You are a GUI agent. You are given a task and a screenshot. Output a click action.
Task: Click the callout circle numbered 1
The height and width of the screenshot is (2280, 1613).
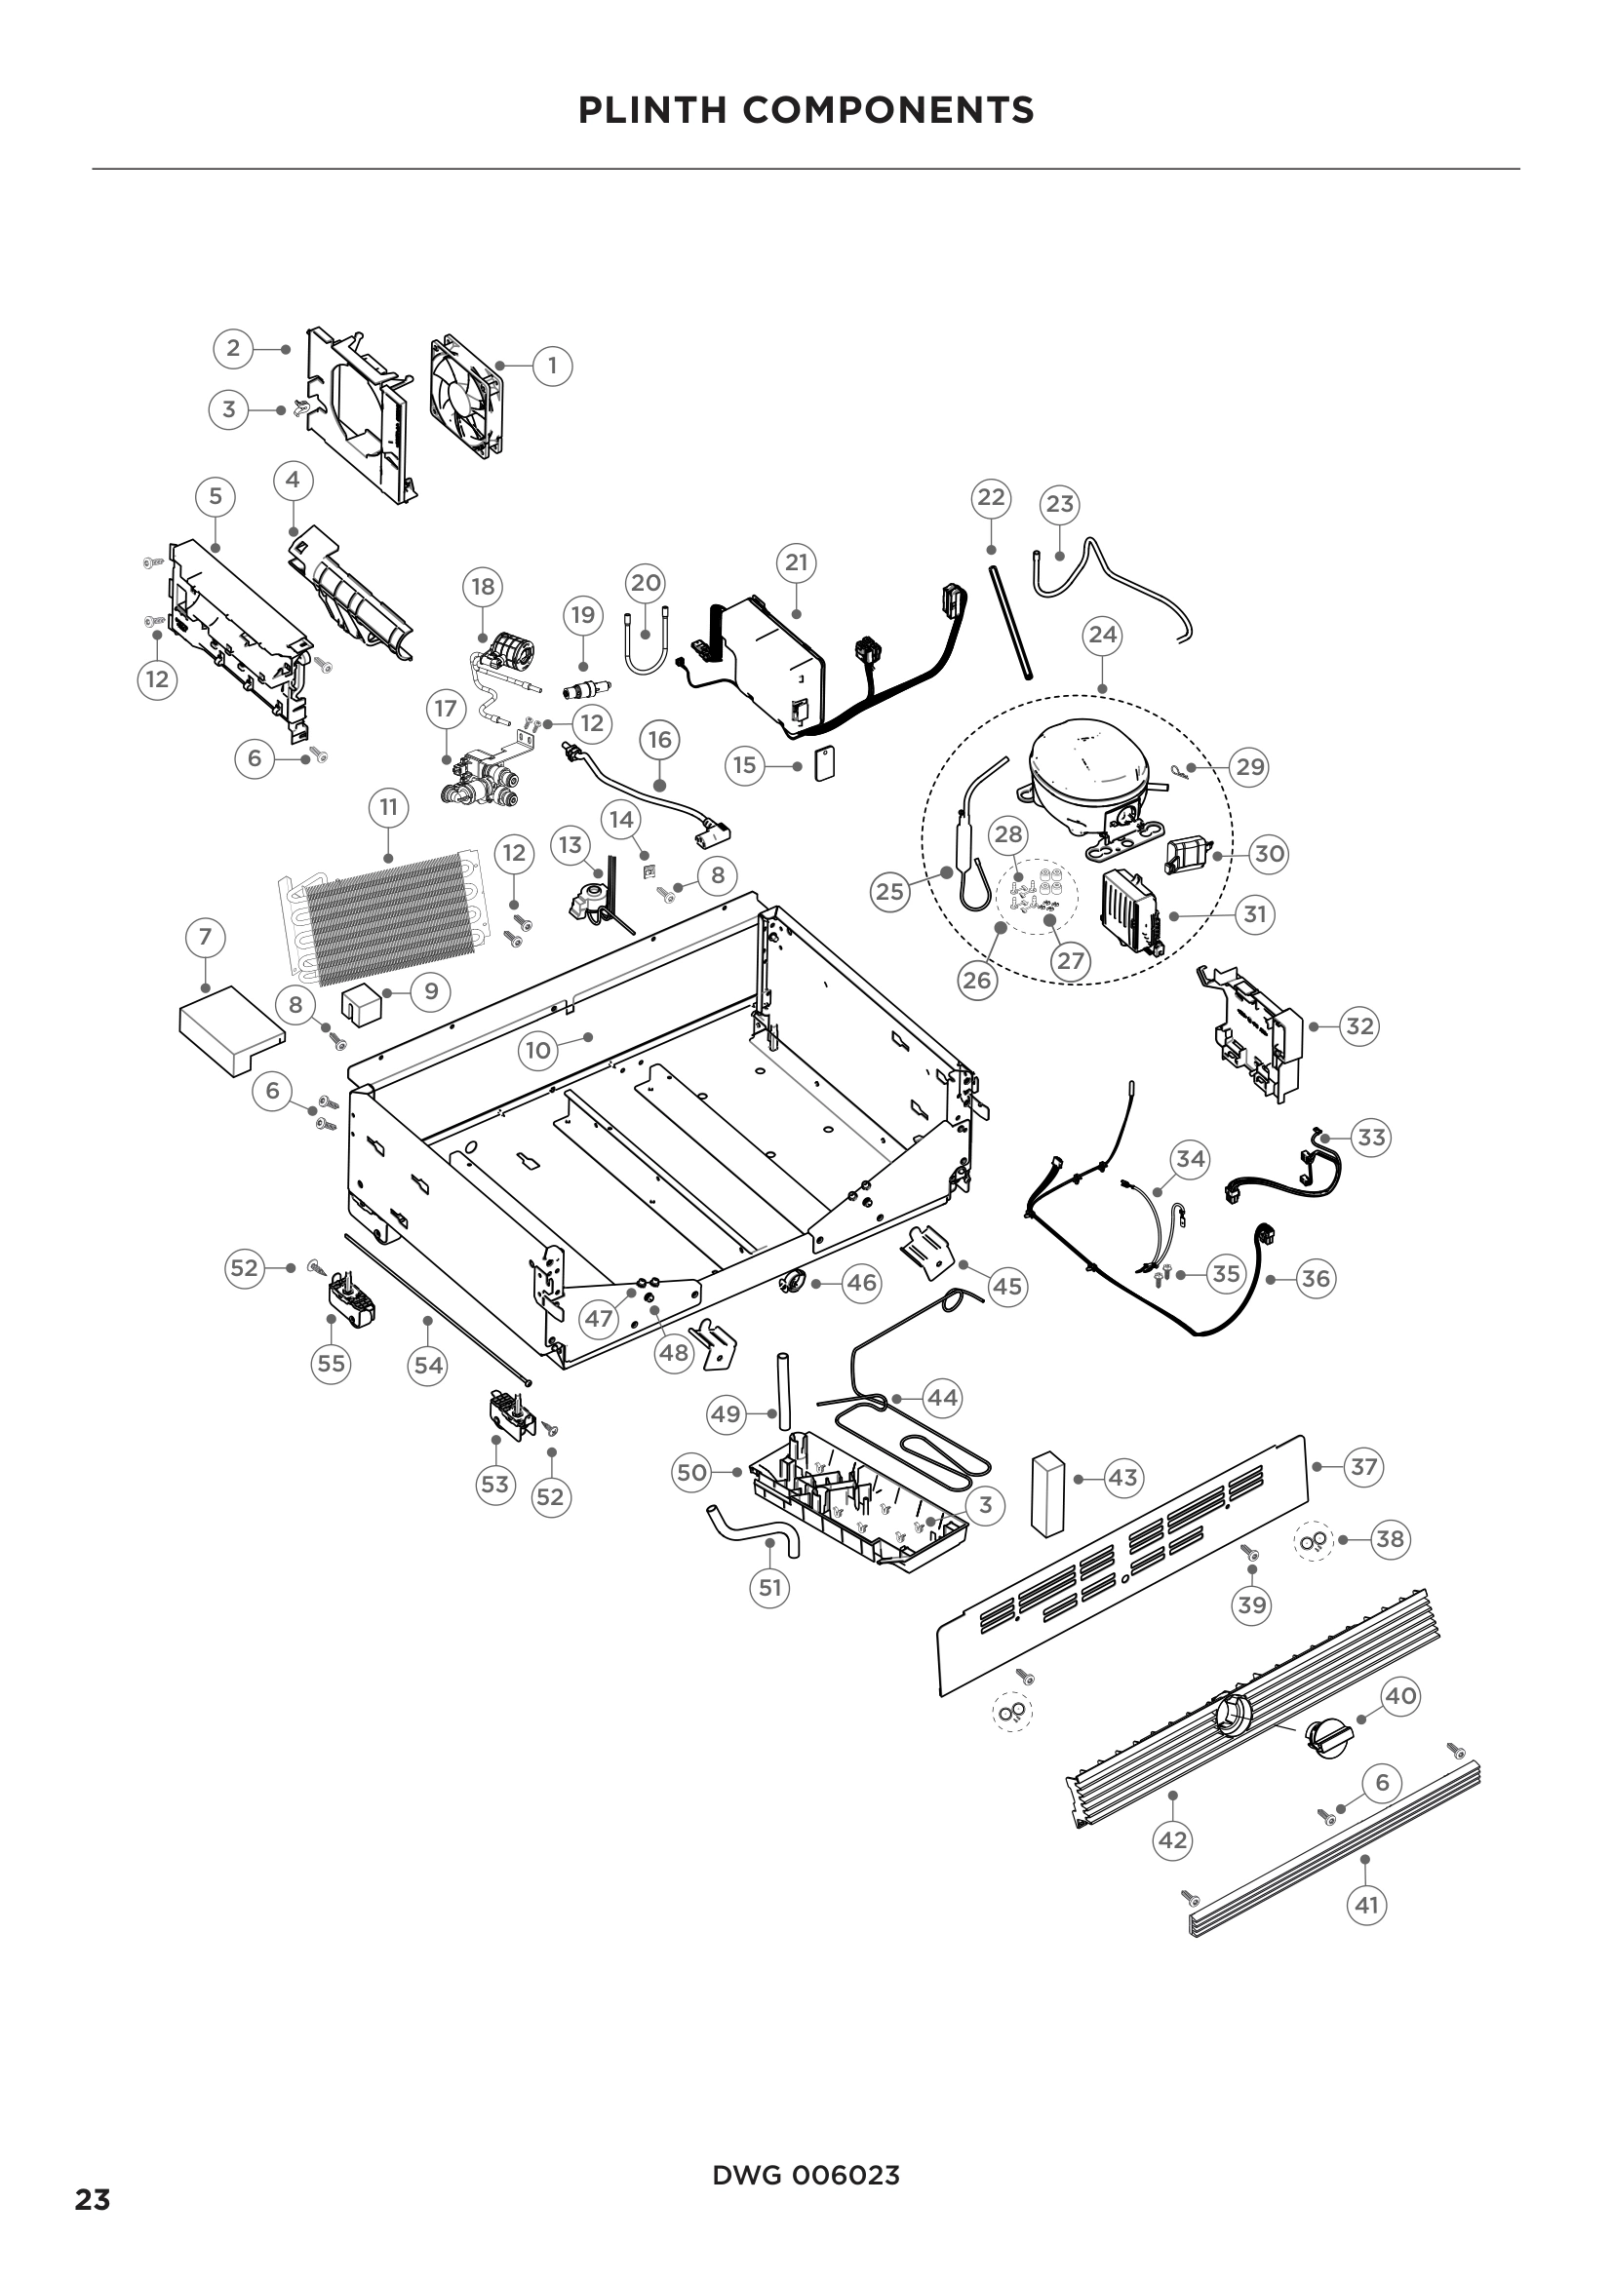(x=552, y=367)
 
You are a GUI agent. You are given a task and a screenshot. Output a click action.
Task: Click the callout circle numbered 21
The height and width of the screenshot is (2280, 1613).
(x=796, y=563)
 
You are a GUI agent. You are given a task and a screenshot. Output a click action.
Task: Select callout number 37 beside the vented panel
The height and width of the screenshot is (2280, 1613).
(x=1363, y=1466)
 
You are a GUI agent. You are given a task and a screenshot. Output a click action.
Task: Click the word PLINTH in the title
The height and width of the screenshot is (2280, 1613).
(x=652, y=110)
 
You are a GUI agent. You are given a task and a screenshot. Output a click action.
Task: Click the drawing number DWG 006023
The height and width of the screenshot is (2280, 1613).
(x=806, y=2176)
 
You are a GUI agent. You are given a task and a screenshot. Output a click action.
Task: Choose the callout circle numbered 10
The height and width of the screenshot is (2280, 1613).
(x=537, y=1051)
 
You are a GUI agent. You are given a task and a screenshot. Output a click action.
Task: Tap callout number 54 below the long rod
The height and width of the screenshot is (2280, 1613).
(x=428, y=1366)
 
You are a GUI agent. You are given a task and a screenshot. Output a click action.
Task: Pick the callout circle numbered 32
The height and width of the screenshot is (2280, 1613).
(x=1358, y=1025)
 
